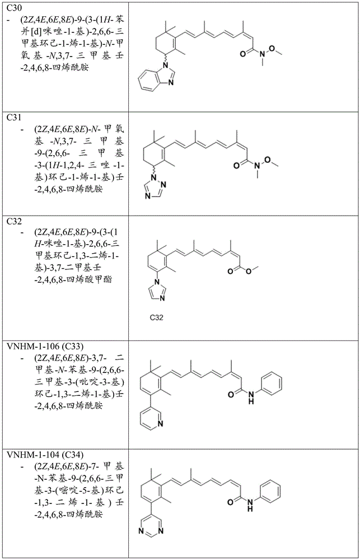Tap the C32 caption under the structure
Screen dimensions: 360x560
(x=156, y=317)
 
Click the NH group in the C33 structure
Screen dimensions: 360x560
(x=251, y=398)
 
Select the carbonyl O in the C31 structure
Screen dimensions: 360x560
(x=237, y=165)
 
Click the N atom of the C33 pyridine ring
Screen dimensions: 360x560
(x=160, y=424)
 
